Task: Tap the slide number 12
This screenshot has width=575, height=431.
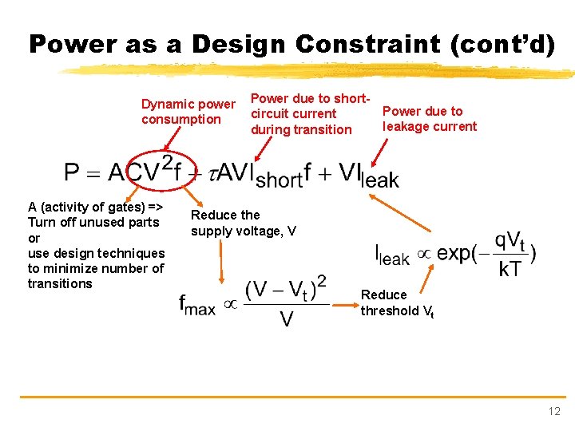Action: (x=554, y=411)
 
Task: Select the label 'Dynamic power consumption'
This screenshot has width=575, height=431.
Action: (x=188, y=112)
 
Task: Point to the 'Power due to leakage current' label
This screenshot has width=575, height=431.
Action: (x=430, y=119)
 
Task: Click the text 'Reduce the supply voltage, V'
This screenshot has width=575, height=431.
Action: (x=244, y=223)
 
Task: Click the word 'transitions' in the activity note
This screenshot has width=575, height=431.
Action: (x=60, y=283)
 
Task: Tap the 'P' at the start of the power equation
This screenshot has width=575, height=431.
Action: (x=73, y=172)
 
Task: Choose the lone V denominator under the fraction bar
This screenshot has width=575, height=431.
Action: (x=286, y=318)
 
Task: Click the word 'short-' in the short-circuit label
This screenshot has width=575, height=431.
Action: (x=352, y=98)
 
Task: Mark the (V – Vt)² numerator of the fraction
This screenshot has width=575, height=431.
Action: (x=286, y=288)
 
